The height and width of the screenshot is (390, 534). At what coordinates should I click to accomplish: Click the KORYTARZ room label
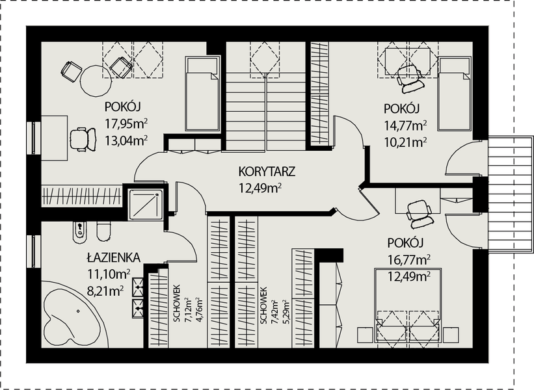click(267, 171)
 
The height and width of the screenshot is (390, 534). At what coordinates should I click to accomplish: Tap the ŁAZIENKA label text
click(113, 257)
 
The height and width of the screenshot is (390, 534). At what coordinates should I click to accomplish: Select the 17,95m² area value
click(126, 124)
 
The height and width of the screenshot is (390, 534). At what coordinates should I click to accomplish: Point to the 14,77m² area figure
click(406, 126)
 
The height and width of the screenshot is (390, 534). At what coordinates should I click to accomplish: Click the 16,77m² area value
click(409, 261)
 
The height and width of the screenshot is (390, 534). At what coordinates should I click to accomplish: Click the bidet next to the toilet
click(80, 233)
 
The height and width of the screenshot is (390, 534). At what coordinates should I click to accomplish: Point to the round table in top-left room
click(96, 81)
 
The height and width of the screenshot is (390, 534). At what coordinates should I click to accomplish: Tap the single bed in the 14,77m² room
click(455, 94)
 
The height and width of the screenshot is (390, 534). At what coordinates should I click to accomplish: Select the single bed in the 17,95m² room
click(202, 94)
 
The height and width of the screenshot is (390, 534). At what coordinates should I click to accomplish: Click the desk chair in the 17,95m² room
click(83, 138)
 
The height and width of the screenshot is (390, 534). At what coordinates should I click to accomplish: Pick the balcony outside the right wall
click(511, 194)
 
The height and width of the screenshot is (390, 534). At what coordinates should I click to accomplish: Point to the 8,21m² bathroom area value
click(105, 291)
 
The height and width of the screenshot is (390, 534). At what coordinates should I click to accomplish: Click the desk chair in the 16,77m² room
click(420, 214)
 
